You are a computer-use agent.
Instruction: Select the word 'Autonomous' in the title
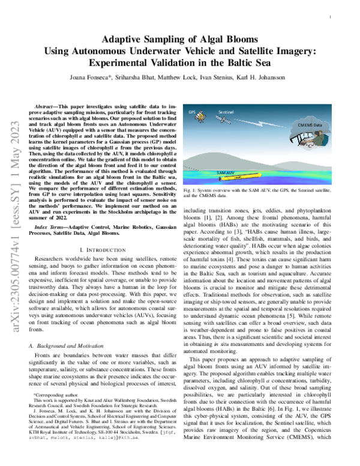[135, 50]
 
